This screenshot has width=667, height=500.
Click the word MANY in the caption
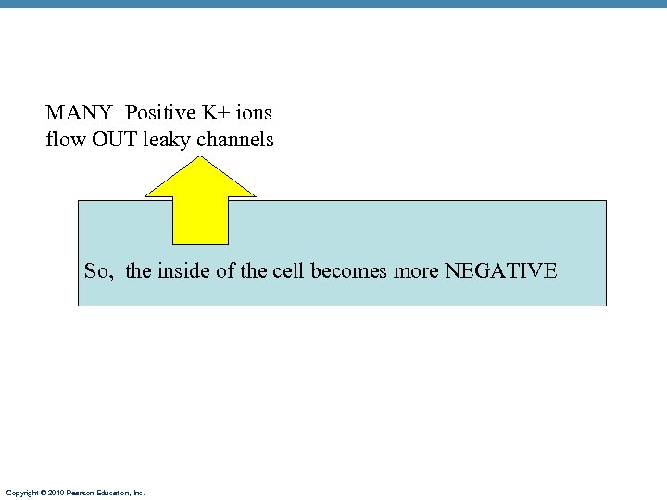[79, 113]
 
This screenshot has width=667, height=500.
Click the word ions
[254, 113]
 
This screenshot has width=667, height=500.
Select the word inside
[185, 271]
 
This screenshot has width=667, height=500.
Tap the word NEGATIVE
[501, 271]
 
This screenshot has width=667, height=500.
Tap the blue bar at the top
[333, 5]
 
